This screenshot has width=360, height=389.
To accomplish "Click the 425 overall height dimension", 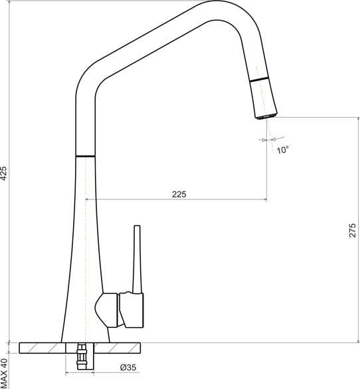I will click(x=5, y=174).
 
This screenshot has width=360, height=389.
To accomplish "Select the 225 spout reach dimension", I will click(x=179, y=194).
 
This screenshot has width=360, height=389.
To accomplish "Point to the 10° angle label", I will click(x=283, y=150).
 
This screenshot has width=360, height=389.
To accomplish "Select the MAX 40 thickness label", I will click(x=5, y=372).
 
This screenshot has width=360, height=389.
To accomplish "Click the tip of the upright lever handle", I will click(x=138, y=227).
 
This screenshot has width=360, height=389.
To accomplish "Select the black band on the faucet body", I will click(x=86, y=156).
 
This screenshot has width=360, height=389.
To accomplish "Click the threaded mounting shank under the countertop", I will click(x=82, y=357).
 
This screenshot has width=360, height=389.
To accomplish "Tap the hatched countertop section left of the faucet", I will click(x=40, y=348).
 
